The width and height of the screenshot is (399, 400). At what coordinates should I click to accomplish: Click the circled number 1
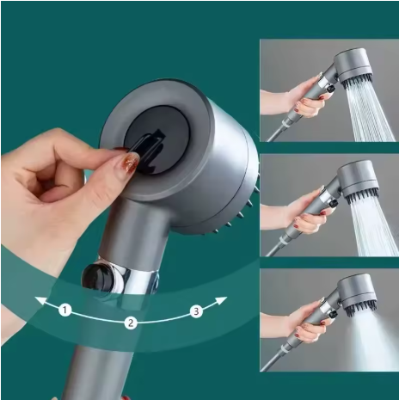pos(64,310)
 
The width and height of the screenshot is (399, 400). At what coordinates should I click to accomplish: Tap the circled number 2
pos(131,323)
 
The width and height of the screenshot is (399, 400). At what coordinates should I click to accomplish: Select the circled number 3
pos(196,311)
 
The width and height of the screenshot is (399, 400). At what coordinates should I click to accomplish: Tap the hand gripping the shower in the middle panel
pos(301,212)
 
